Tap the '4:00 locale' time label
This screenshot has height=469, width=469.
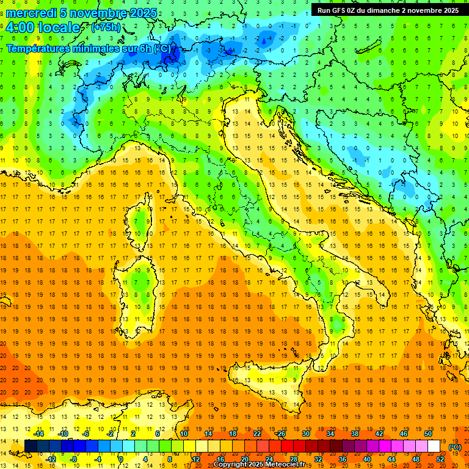pos(43,27)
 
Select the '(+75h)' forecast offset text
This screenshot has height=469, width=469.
pos(105,27)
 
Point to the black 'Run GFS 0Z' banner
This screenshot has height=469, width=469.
pos(388,10)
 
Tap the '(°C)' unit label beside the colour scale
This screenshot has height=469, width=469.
pos(455,447)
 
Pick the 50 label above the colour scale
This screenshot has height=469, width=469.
pos(428,434)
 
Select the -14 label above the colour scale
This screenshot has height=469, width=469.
pos(38,434)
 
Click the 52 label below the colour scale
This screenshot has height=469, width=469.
pos(440,459)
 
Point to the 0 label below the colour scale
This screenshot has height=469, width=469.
pos(122,459)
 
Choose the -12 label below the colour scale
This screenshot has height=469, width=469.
pos(51,459)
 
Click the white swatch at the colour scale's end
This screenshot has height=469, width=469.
pos(434,446)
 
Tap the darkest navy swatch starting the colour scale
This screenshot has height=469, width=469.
pos(31,446)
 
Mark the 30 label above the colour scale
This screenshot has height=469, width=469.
pos(306,434)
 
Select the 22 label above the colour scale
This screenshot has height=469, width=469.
pos(257,434)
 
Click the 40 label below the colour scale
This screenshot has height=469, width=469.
pos(367,459)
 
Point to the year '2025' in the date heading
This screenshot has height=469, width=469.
pos(143,13)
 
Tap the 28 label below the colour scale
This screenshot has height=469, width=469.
pos(294,459)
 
